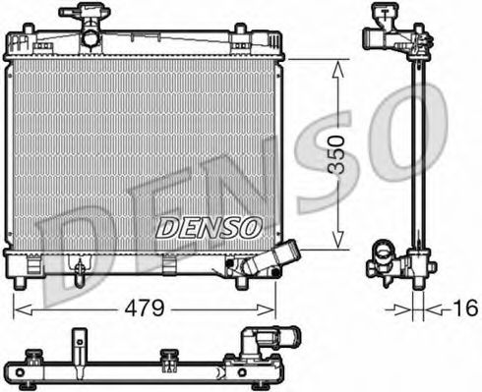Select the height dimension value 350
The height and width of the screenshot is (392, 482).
point(337,154)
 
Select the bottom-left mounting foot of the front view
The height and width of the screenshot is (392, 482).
point(19,283)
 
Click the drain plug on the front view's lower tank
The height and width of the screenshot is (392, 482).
point(234,263)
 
